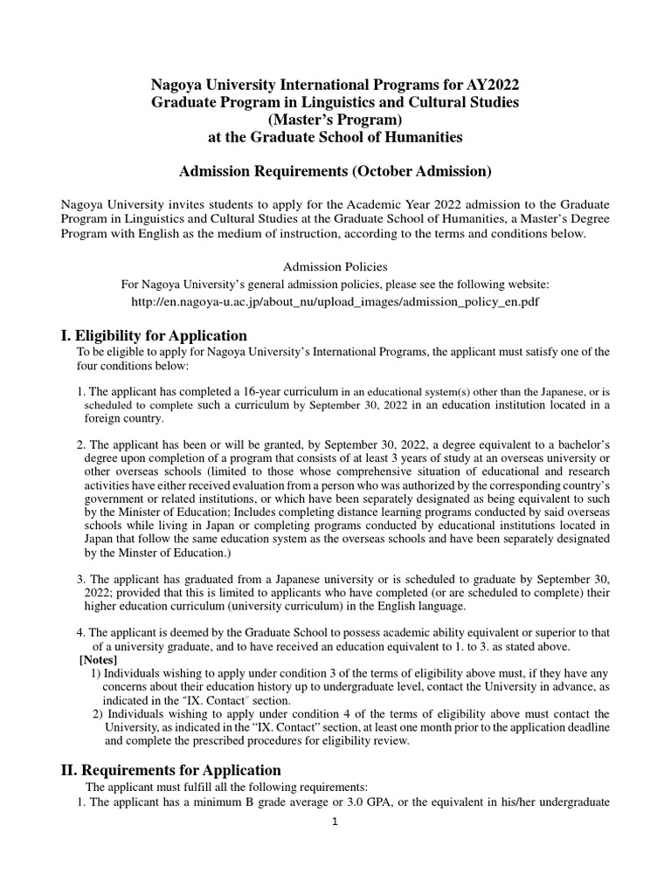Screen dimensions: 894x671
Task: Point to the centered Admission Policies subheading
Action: pos(335,265)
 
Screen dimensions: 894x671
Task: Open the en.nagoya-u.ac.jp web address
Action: pos(335,300)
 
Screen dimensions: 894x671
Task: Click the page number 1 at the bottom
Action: pos(335,822)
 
